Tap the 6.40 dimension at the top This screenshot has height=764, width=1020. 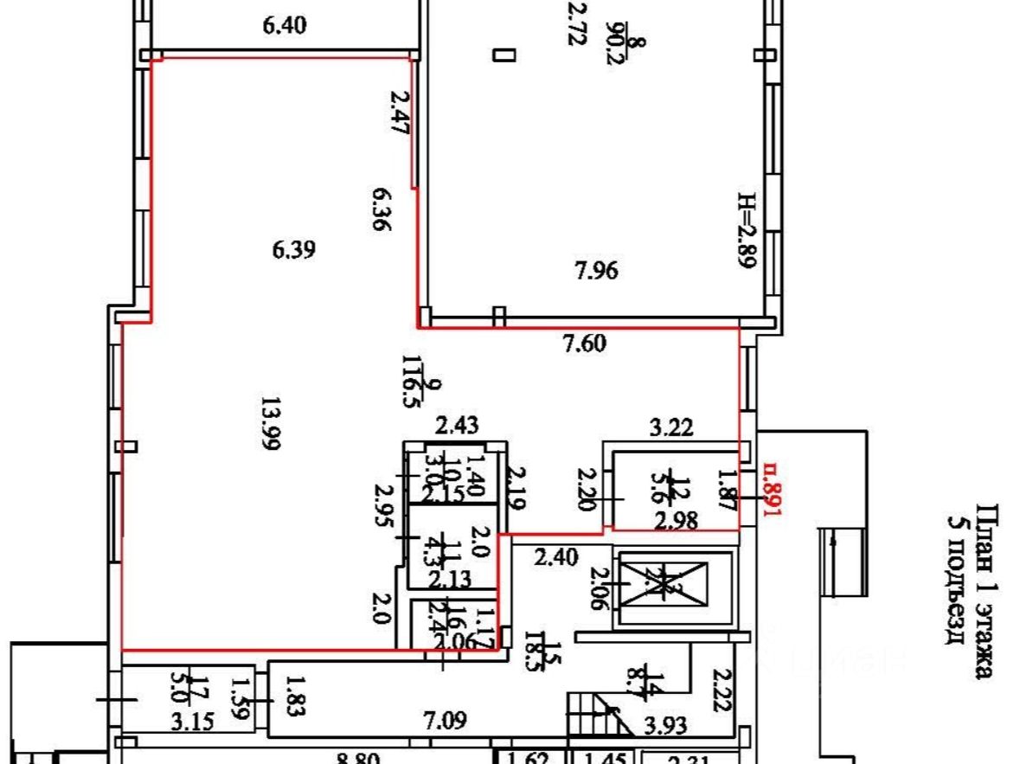284,26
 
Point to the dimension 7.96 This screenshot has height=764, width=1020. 596,272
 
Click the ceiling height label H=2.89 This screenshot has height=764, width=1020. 747,230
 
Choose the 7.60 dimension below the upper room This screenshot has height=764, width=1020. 585,343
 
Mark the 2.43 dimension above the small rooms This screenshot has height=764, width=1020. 457,426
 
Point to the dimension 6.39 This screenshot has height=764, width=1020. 293,250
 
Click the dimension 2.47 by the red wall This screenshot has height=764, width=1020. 400,112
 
